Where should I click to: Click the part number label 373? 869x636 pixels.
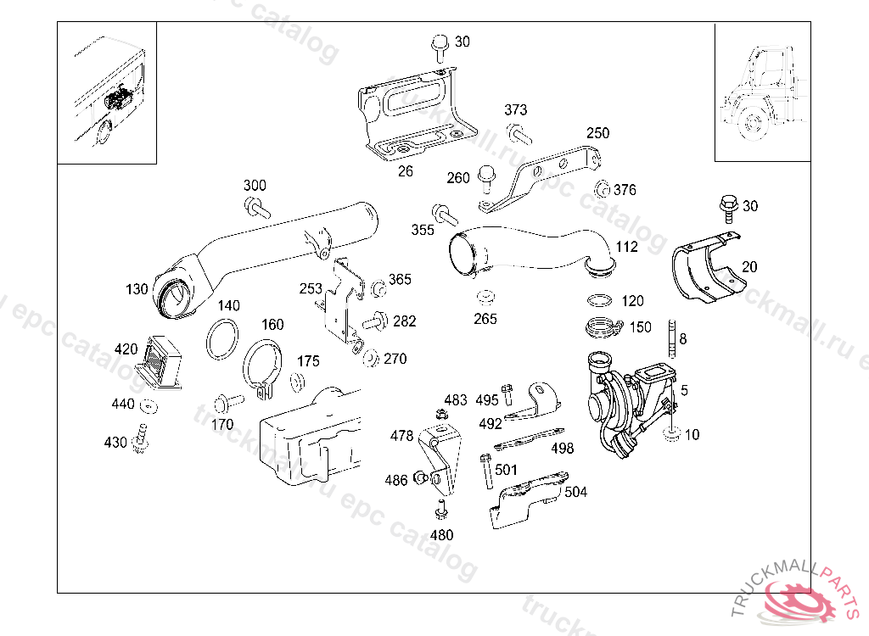coord(515,109)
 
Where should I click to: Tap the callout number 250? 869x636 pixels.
coord(598,133)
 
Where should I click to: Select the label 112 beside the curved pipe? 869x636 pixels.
coord(626,247)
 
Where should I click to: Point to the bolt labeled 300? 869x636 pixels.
coord(257,209)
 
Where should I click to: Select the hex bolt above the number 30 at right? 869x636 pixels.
coord(728,206)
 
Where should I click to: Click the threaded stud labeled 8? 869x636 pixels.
coord(672,338)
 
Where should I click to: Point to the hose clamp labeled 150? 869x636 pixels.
coord(603,326)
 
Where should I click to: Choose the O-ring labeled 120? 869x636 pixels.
coord(600,301)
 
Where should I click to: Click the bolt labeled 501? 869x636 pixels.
coord(486,471)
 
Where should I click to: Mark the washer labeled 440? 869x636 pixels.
coord(149,406)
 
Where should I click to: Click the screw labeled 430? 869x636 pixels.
coord(141,438)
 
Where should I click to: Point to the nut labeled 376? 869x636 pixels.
coord(602,189)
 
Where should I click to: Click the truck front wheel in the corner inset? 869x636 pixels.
coord(753,121)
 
